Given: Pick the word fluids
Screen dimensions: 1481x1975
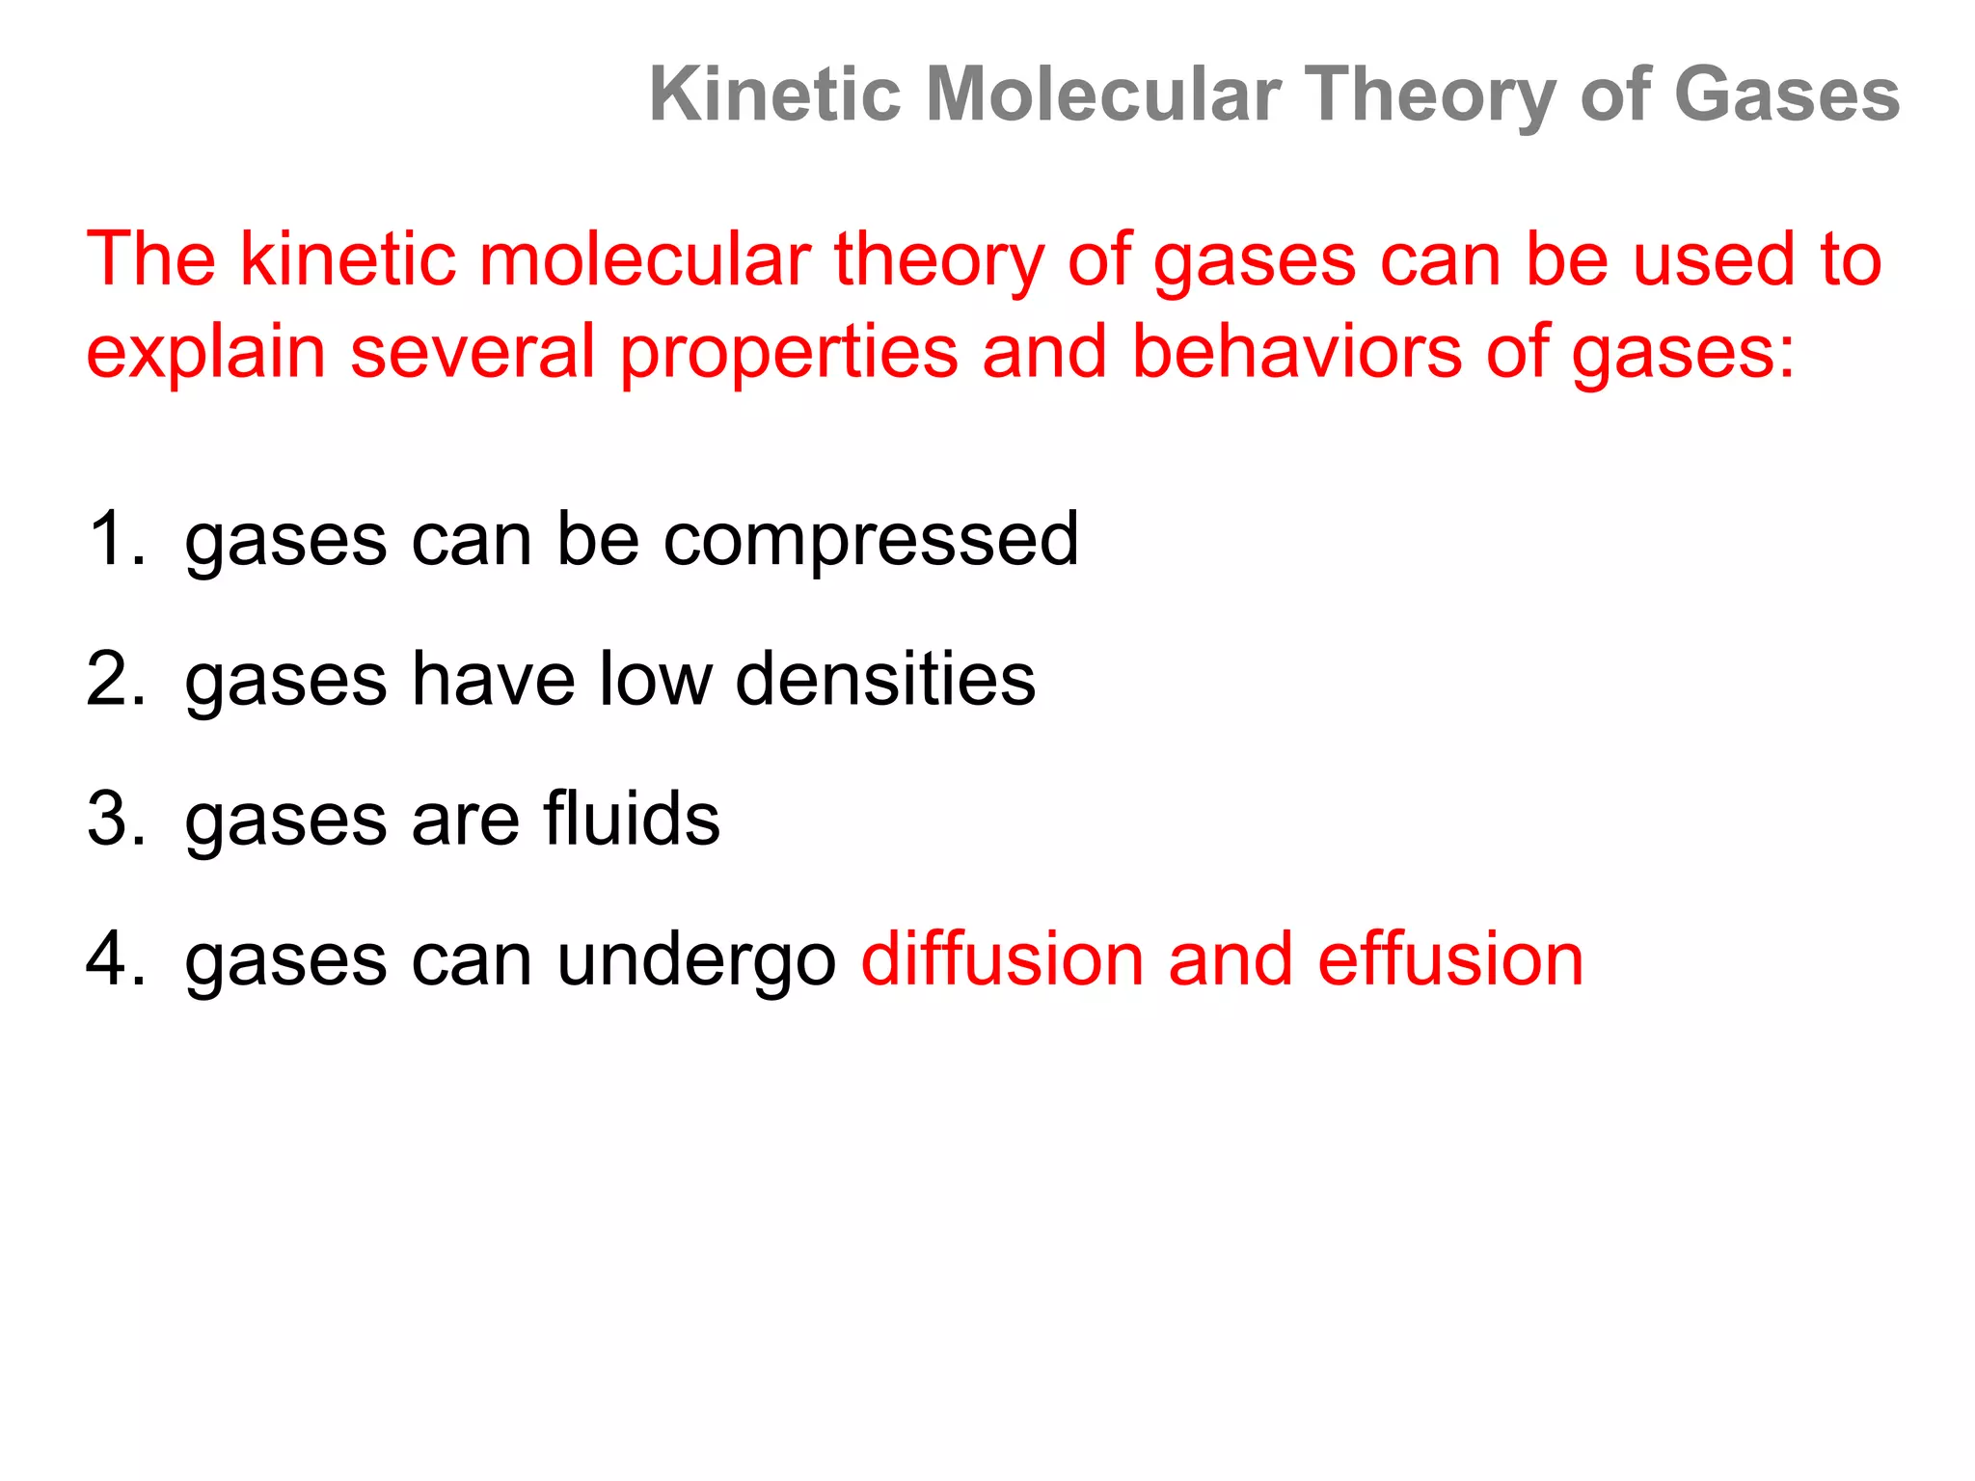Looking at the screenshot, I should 631,819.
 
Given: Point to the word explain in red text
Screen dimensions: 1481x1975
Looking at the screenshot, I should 205,353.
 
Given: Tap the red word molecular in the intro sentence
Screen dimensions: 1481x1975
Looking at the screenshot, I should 645,259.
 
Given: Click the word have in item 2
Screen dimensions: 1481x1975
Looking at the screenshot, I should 494,680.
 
